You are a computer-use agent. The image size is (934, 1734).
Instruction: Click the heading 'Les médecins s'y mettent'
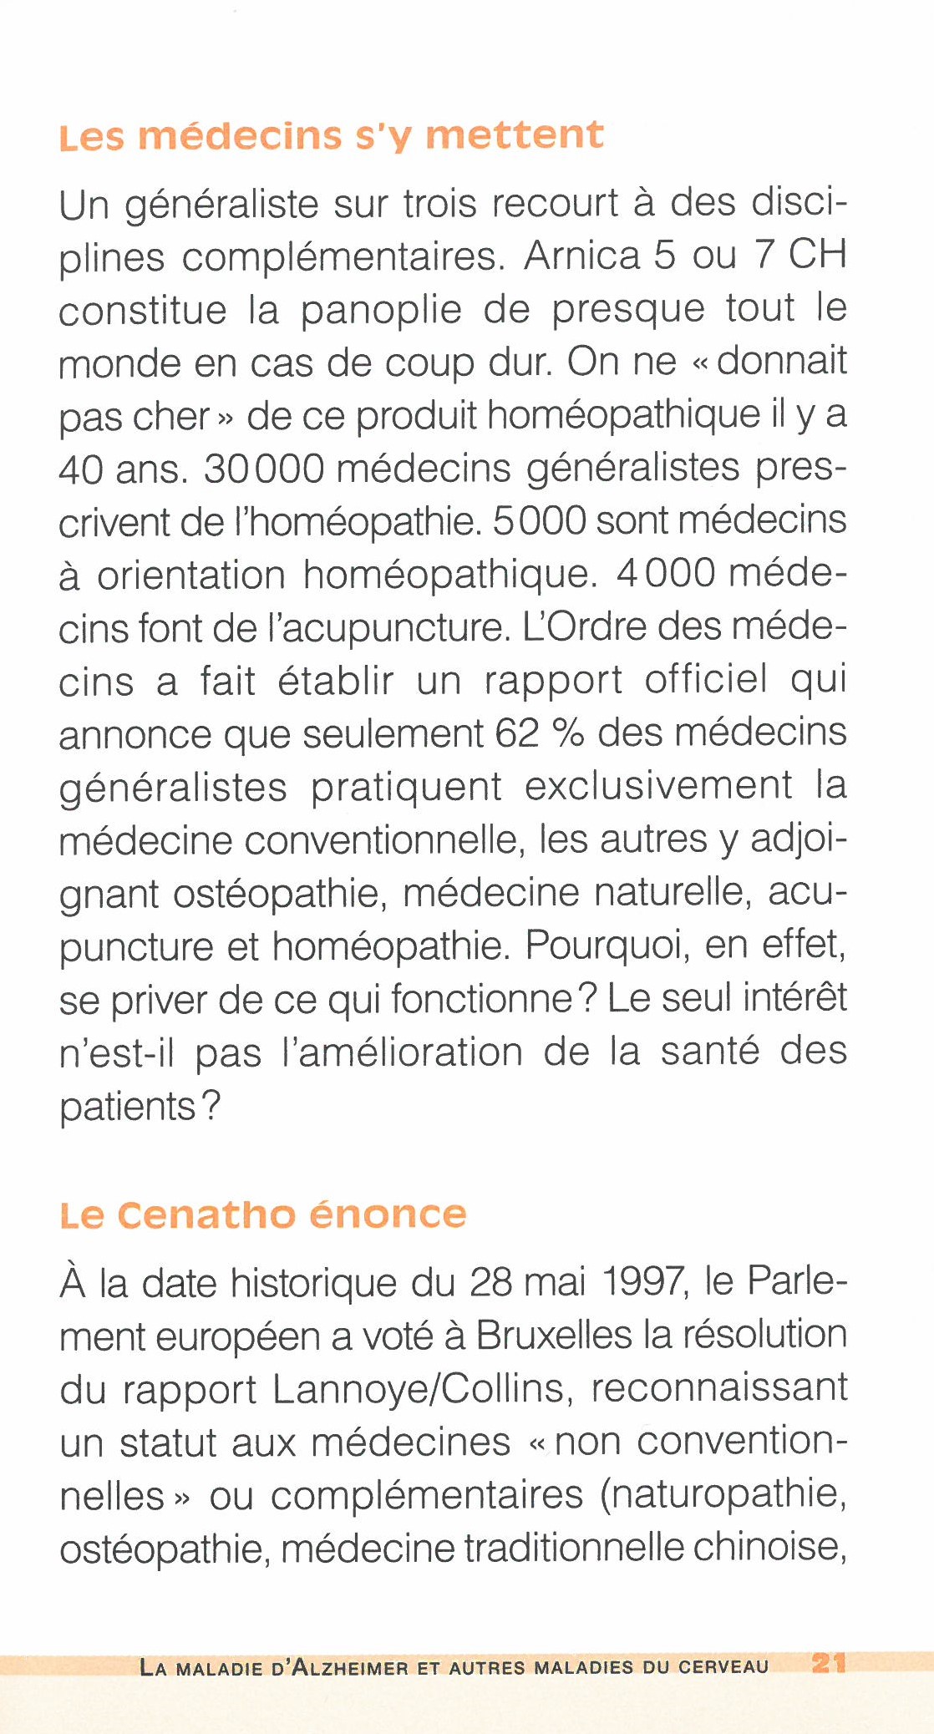[332, 136]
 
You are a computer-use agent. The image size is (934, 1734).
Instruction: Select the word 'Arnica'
[581, 256]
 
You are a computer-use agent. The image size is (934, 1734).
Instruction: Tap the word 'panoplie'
[381, 310]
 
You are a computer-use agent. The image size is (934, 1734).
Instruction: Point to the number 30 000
[264, 469]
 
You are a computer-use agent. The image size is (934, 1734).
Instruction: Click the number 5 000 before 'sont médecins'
[540, 521]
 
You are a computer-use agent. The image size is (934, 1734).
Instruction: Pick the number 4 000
[666, 574]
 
